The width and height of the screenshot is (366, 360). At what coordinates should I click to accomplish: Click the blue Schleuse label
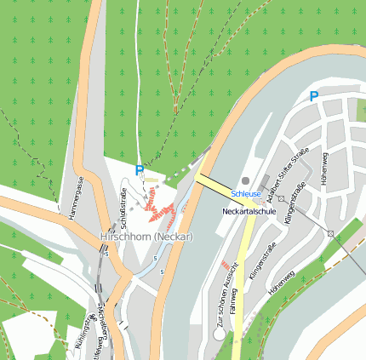pos(246,195)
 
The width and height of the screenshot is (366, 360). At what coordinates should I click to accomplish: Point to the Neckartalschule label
pos(248,210)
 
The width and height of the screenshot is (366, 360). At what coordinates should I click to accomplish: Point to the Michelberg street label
pos(102,328)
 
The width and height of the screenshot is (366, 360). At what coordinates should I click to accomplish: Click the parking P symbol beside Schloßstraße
pos(140,171)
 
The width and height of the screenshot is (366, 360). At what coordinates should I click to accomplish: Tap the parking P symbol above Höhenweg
pos(314,97)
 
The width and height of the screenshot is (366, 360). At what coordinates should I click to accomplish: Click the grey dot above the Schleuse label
pos(246,180)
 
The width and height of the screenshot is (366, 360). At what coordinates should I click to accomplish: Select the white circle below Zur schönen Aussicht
pos(220,334)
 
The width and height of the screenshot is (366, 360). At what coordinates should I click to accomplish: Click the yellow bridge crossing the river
pos(216,184)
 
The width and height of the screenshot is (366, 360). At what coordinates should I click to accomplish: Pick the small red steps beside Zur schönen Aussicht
pos(225,266)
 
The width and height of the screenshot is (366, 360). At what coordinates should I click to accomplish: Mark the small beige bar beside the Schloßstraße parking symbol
pos(152,180)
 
